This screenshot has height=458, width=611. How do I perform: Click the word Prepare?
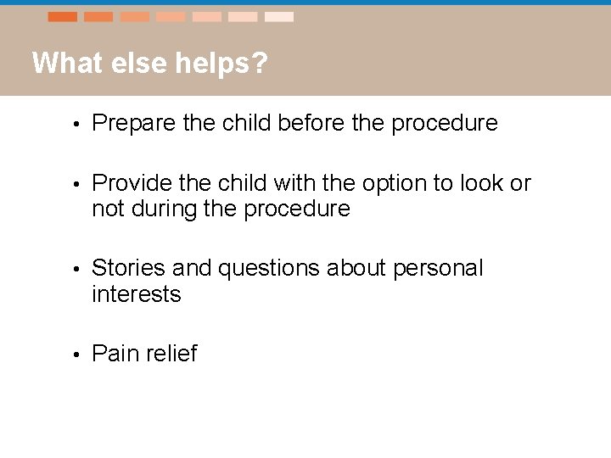tap(132, 124)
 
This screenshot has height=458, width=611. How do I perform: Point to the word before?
tap(302, 123)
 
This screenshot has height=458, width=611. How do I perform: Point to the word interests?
tap(137, 294)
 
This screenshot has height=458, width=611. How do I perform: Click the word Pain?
tap(113, 354)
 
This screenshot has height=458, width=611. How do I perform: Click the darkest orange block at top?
tap(63, 17)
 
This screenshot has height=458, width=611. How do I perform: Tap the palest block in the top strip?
tap(279, 17)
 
